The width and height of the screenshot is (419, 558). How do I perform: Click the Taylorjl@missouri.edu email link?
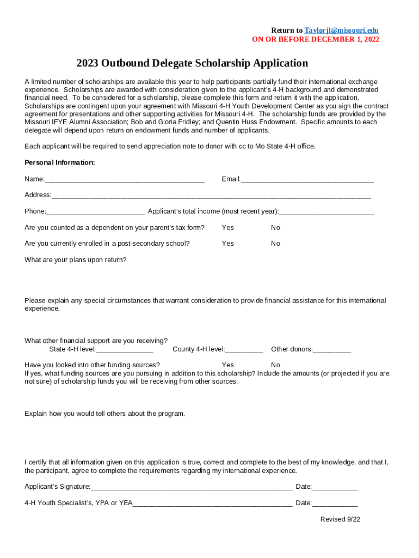[341, 31]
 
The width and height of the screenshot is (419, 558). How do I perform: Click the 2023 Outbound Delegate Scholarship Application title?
[192, 63]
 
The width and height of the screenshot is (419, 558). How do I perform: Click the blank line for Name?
[125, 180]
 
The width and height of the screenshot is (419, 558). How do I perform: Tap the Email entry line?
[307, 180]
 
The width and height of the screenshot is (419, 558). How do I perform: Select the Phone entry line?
[96, 212]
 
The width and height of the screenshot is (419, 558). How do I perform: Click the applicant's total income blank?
[326, 212]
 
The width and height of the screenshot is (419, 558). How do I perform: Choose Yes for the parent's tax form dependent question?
[227, 228]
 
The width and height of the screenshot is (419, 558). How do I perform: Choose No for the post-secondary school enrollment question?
[275, 244]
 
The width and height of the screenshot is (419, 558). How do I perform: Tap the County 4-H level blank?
[244, 350]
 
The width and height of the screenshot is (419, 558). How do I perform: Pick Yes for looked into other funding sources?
[227, 365]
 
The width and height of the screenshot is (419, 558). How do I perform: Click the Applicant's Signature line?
[192, 487]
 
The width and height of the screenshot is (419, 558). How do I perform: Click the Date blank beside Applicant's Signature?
[335, 487]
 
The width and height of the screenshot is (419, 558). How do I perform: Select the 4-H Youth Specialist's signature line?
[212, 504]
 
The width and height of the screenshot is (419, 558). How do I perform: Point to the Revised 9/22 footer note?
[340, 519]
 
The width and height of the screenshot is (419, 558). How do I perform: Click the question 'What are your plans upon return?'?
[76, 260]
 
